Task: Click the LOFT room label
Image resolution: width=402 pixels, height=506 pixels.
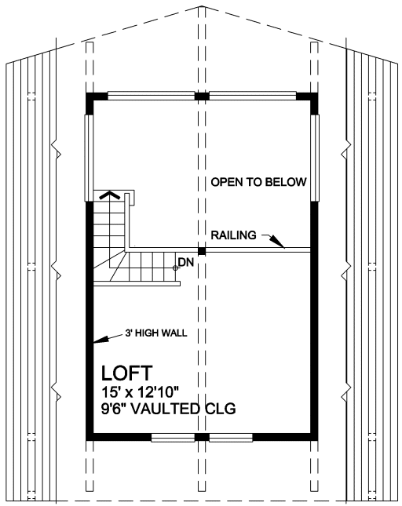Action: (126, 373)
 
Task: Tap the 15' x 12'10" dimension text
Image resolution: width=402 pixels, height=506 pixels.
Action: (140, 392)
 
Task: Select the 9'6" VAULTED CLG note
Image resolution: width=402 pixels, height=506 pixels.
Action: (169, 409)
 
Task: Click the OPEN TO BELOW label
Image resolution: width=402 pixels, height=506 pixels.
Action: (258, 182)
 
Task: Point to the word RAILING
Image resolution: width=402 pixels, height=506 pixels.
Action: (233, 235)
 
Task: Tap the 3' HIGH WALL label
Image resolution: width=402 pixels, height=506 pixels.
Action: (156, 333)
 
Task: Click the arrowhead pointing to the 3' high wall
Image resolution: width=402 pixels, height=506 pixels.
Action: (100, 339)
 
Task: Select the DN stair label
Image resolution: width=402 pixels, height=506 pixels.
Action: (186, 263)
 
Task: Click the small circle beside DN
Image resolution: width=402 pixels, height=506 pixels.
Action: (175, 268)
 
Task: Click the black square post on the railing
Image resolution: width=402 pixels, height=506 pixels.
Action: (202, 251)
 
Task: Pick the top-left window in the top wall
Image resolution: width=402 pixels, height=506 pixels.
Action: (151, 96)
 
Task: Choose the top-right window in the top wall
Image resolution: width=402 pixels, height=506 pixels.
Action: (253, 96)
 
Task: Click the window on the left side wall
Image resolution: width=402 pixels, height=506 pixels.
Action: (90, 158)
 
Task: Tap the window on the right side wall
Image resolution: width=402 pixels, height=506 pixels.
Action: (315, 158)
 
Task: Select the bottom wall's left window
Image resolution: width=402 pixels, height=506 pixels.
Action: (173, 438)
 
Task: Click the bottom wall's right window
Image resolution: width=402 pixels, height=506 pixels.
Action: (231, 438)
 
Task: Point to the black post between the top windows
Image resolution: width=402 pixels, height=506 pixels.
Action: (202, 96)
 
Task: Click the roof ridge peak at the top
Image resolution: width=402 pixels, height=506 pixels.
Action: (202, 5)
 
